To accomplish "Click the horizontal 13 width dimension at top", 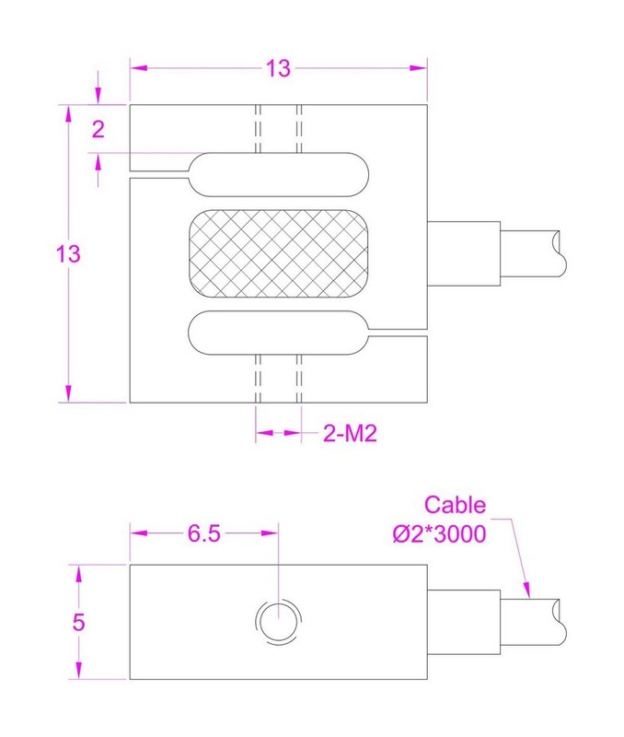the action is [279, 68].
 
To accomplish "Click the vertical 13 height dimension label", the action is [68, 254].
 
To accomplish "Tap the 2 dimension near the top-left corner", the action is [98, 129].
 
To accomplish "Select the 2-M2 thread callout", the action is [350, 433].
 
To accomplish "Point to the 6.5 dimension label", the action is [204, 533].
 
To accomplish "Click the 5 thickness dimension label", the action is [78, 623].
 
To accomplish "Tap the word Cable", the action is [455, 505].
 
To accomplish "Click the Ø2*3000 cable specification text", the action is [440, 534].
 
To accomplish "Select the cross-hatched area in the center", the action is [279, 253].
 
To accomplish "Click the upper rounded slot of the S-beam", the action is [279, 174].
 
